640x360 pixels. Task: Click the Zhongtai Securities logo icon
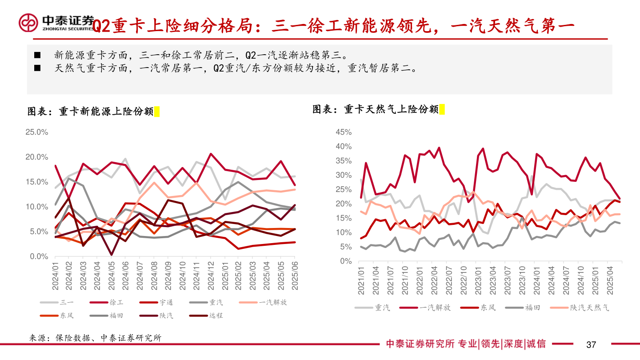pyautogui.click(x=28, y=23)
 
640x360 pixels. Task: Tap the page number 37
pyautogui.click(x=591, y=344)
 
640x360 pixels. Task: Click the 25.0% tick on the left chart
pyautogui.click(x=36, y=132)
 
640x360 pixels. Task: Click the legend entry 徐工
pyautogui.click(x=116, y=302)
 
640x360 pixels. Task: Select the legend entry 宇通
pyautogui.click(x=166, y=302)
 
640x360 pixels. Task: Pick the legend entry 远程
pyautogui.click(x=216, y=316)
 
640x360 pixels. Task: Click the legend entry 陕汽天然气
pyautogui.click(x=590, y=307)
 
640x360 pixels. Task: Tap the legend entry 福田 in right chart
pyautogui.click(x=532, y=307)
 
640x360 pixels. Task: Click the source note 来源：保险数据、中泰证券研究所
pyautogui.click(x=95, y=338)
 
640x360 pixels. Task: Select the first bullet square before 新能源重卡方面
pyautogui.click(x=37, y=56)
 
